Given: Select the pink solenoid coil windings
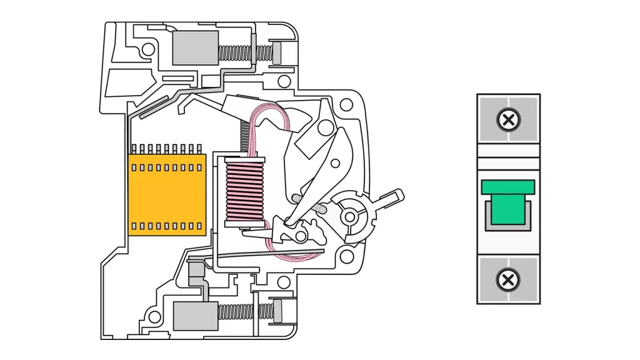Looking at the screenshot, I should (x=244, y=192).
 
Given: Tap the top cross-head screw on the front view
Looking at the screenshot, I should (x=509, y=119).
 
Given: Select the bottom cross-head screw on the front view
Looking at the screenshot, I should (x=509, y=279).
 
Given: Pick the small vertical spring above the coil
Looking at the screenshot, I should (x=244, y=137).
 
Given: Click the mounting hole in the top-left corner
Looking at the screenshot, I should (x=148, y=49).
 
